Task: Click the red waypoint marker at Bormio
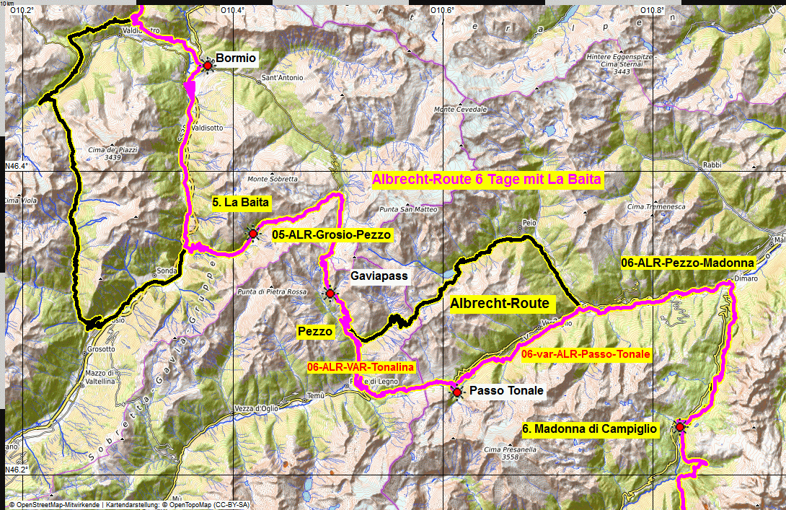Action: tap(208, 66)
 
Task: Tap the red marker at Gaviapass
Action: tap(330, 293)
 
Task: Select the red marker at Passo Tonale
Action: tap(456, 392)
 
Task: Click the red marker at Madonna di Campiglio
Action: tap(679, 427)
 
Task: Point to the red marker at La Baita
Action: tap(252, 234)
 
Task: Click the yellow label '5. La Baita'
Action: tap(241, 203)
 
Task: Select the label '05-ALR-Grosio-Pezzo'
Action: tap(332, 234)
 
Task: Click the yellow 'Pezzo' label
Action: tap(316, 332)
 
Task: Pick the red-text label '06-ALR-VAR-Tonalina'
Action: tap(361, 367)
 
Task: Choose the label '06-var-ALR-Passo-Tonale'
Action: tap(586, 354)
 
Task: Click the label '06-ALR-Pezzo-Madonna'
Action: tap(687, 264)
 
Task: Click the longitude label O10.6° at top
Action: tap(442, 10)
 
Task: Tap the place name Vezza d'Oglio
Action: tap(256, 408)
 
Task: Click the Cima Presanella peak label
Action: tap(502, 453)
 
